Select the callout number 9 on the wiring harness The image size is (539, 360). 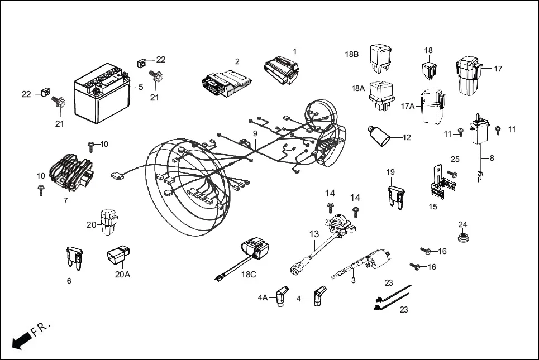pyautogui.click(x=255, y=134)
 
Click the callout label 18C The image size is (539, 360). pyautogui.click(x=249, y=275)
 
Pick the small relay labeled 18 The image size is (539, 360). pyautogui.click(x=428, y=70)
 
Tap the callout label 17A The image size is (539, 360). pyautogui.click(x=409, y=106)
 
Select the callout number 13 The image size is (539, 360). pyautogui.click(x=314, y=234)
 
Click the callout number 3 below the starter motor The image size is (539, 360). pyautogui.click(x=353, y=280)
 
